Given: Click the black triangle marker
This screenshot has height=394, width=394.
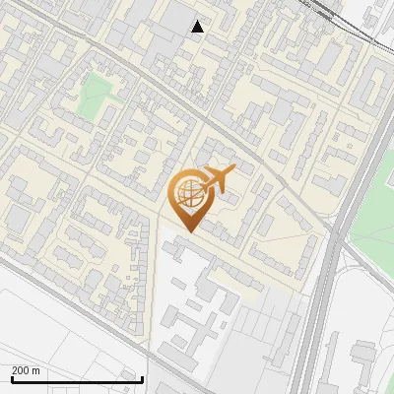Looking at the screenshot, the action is [x=198, y=27].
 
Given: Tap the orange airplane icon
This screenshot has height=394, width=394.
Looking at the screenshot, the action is [x=216, y=180].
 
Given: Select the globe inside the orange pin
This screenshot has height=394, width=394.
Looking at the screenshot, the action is [x=187, y=195].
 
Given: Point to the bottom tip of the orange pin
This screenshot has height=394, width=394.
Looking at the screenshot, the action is [x=187, y=231].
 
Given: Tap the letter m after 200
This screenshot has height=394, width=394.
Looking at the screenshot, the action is [x=36, y=370].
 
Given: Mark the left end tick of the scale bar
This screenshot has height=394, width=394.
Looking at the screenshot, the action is [x=11, y=378].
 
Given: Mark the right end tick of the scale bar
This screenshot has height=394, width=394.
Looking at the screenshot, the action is [x=143, y=378].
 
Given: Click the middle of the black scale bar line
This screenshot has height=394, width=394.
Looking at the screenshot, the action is [x=77, y=380].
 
